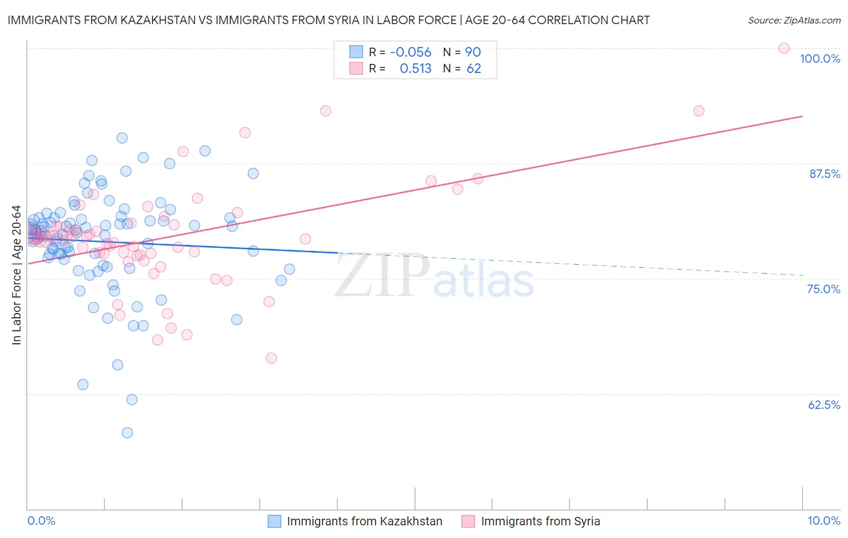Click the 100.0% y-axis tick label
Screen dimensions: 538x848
[x=820, y=59]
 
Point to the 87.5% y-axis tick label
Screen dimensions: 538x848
[x=824, y=174]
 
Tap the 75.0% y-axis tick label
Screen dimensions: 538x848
[x=823, y=289]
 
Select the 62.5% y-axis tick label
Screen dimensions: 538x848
[x=824, y=405]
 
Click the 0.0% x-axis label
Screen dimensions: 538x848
[x=41, y=521]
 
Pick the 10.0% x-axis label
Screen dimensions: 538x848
[x=823, y=521]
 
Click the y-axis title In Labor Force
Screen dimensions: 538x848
[x=16, y=275]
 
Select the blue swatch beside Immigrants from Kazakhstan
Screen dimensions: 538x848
[x=274, y=521]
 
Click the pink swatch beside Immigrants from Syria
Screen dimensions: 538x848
[x=468, y=521]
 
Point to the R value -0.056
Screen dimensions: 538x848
[x=411, y=52]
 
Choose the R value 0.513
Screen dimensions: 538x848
[x=416, y=69]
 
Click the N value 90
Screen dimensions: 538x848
[x=473, y=52]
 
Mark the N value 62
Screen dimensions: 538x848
[x=473, y=69]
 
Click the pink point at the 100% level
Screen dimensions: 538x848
[x=784, y=48]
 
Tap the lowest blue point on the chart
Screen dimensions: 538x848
[x=127, y=432]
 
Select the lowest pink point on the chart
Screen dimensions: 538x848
[x=271, y=358]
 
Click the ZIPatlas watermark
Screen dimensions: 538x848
[x=434, y=277]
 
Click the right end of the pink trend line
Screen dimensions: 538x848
[x=803, y=116]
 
